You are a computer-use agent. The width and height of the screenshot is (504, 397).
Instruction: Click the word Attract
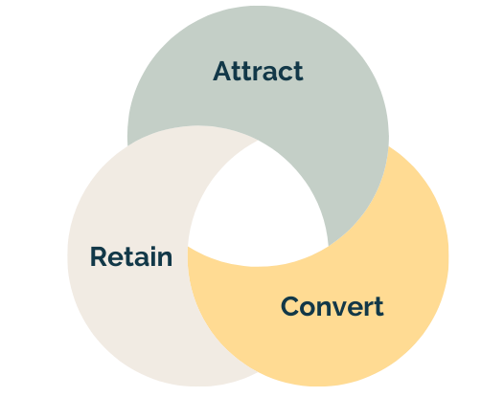click(258, 71)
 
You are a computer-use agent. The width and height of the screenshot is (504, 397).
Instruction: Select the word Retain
click(131, 256)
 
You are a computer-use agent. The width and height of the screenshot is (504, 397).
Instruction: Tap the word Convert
click(332, 306)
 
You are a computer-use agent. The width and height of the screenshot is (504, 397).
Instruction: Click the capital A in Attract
click(221, 71)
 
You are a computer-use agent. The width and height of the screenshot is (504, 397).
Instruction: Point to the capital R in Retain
click(98, 256)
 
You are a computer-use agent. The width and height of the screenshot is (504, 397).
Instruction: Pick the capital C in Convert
click(289, 306)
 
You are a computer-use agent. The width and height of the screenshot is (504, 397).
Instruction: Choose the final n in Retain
click(165, 259)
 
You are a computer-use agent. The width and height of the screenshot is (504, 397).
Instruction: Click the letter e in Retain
click(114, 259)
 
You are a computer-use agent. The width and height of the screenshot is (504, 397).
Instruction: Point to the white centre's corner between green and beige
click(258, 141)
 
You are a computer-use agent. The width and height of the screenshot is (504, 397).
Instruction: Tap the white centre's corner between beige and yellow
click(188, 247)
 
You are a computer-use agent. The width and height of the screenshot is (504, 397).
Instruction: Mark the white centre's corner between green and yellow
click(329, 247)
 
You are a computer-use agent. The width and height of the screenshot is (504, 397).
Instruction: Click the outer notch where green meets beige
click(128, 145)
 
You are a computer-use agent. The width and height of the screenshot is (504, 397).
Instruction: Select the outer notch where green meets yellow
click(388, 146)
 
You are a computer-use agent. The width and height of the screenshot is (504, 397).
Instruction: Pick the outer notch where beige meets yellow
click(258, 372)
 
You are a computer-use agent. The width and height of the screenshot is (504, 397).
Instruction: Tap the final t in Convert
click(378, 307)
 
